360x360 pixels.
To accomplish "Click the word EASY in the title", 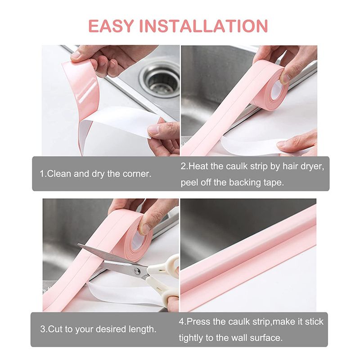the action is (x=111, y=26).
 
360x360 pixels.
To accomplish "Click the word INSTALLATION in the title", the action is (x=204, y=26).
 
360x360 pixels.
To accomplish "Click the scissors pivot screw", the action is (x=137, y=271).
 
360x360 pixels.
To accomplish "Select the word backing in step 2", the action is (x=245, y=183).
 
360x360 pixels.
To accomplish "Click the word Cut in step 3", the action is (x=55, y=329).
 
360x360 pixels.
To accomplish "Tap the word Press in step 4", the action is (x=198, y=321).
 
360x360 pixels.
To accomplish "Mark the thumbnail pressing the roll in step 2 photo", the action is (x=285, y=78).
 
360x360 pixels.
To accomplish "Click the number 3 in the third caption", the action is (x=43, y=329).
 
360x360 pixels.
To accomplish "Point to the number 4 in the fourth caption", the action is (x=182, y=321).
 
